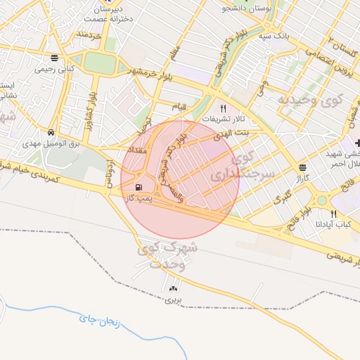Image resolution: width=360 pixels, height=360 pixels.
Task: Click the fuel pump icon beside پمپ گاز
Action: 139,187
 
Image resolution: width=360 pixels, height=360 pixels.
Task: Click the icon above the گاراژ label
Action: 302,167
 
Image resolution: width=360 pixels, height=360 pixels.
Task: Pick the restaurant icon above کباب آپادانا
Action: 334,214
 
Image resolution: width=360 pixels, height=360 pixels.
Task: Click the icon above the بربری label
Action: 174,288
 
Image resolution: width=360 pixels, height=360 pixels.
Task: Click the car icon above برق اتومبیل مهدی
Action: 51,132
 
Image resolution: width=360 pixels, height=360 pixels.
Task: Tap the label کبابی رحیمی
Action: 56,69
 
